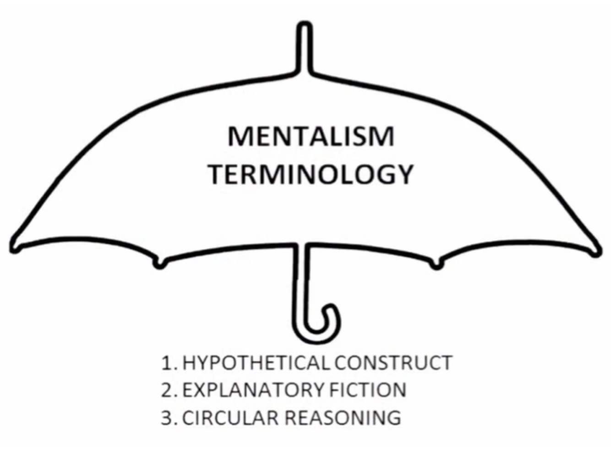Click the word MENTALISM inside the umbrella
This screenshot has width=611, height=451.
point(311,137)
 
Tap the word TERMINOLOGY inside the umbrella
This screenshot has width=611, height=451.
point(311,175)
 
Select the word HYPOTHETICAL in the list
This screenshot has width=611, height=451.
point(256,363)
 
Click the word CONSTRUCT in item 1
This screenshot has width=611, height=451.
point(393,363)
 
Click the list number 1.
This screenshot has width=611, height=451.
point(168,363)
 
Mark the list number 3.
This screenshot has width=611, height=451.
point(168,418)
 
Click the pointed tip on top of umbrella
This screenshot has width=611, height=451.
point(305,27)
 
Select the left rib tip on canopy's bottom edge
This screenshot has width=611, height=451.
point(160,264)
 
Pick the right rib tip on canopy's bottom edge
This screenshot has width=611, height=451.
point(437,264)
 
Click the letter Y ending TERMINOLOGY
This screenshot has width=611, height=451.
point(404,175)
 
